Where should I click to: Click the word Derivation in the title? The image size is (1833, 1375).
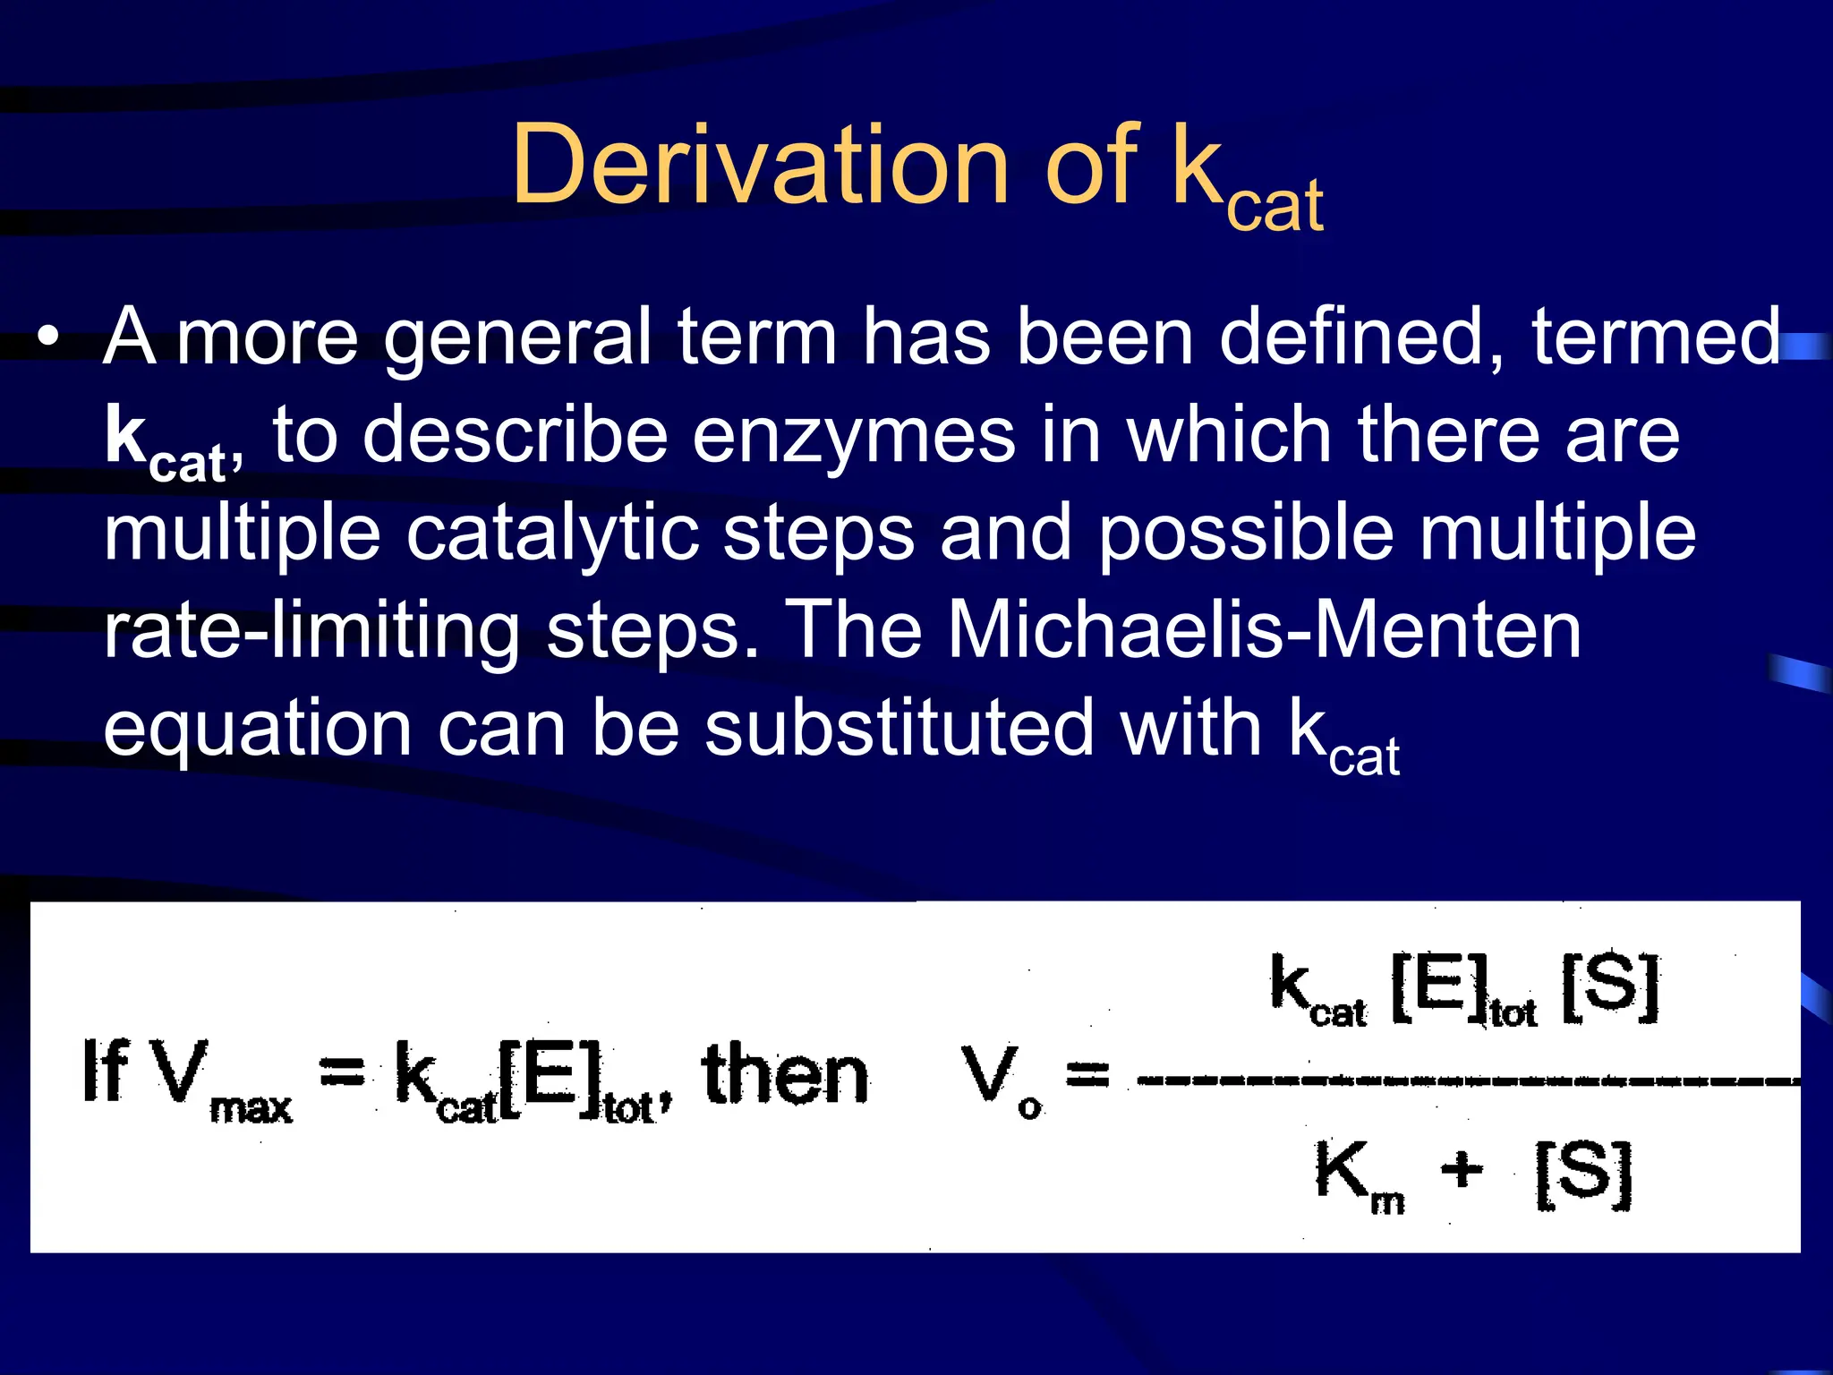(x=760, y=166)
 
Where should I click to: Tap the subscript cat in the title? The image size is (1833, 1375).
(x=1275, y=207)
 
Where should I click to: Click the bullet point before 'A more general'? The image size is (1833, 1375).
(x=49, y=337)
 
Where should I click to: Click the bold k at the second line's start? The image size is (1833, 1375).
(x=125, y=433)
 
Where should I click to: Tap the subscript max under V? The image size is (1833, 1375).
(x=251, y=1109)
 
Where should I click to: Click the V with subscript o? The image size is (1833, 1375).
(x=993, y=1076)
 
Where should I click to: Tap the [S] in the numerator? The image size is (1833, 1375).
(x=1609, y=988)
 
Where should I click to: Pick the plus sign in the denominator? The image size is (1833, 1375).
(x=1462, y=1169)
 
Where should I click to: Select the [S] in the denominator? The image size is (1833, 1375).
(x=1582, y=1174)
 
